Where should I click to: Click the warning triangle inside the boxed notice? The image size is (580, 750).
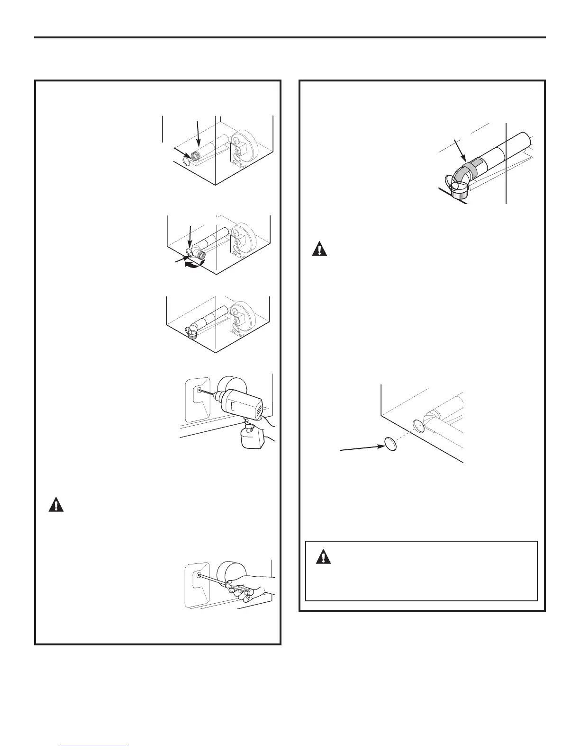click(x=324, y=557)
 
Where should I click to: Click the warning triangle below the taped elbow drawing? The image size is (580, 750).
click(x=319, y=249)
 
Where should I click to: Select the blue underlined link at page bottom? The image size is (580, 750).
click(x=95, y=747)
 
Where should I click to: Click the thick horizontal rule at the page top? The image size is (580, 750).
click(x=290, y=37)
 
